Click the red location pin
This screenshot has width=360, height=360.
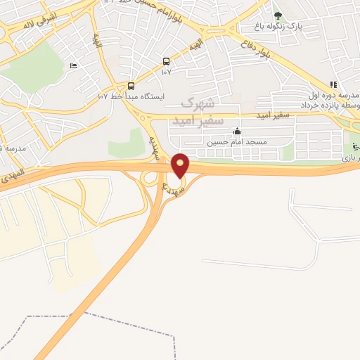pos(181,165)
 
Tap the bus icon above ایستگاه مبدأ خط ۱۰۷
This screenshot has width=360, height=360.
pos(131,85)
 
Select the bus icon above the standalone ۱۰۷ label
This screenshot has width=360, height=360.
pos(166,61)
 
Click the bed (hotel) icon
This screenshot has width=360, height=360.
pos(75,66)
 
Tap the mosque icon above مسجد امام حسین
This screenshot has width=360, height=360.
pos(237,131)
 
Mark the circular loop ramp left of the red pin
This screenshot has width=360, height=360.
pos(150,178)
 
